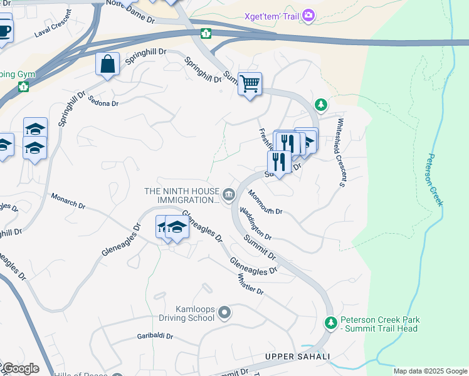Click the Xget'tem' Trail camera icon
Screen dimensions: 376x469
(x=308, y=15)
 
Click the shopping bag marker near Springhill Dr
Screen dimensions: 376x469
(x=107, y=64)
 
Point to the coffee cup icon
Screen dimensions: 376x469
(x=4, y=30)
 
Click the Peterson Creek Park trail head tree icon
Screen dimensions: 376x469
(x=330, y=323)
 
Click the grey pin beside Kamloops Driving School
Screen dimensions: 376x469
(x=225, y=312)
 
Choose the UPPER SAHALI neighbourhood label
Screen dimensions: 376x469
(x=297, y=357)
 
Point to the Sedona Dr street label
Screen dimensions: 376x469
(x=103, y=100)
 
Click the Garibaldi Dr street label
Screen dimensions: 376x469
(x=155, y=337)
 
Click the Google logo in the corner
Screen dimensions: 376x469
(x=20, y=368)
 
